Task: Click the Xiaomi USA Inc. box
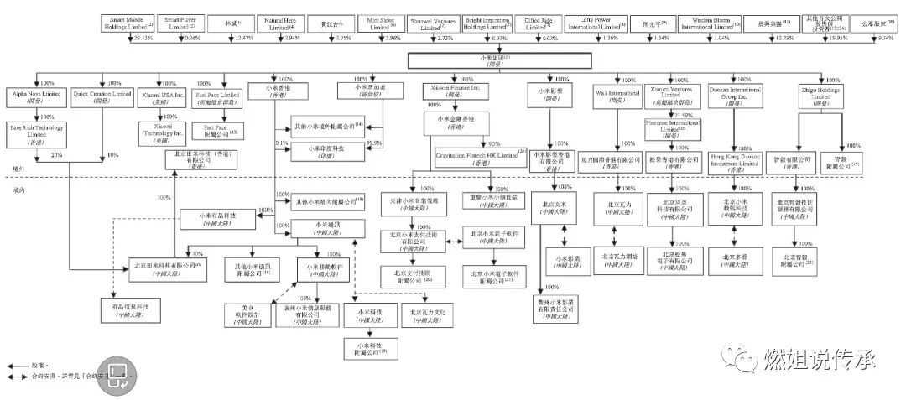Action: coord(161,97)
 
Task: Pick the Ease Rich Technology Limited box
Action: coord(34,134)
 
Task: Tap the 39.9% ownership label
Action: coord(374,143)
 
